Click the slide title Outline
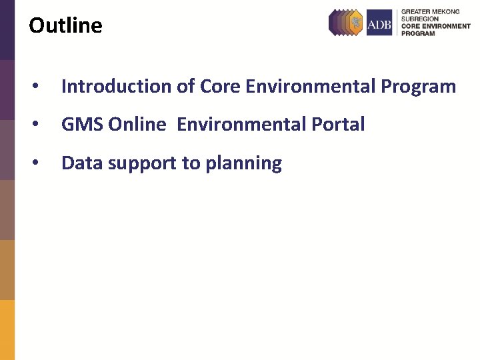pyautogui.click(x=65, y=26)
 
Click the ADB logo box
pyautogui.click(x=379, y=23)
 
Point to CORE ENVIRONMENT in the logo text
pyautogui.click(x=435, y=26)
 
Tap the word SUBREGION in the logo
pyautogui.click(x=419, y=19)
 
